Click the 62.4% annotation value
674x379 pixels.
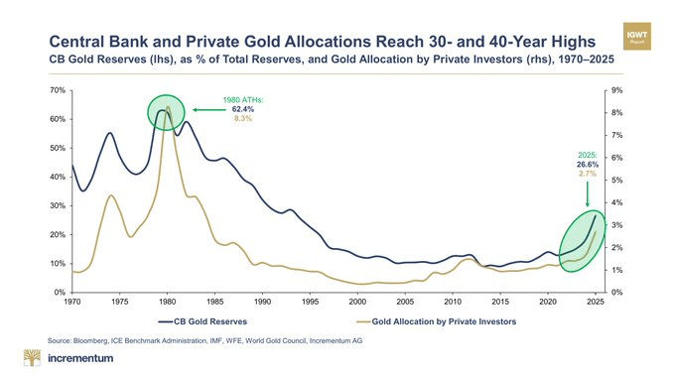pyautogui.click(x=243, y=109)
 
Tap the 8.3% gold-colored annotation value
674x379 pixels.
pyautogui.click(x=243, y=118)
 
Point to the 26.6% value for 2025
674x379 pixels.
pyautogui.click(x=588, y=165)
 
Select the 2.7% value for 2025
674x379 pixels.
pyautogui.click(x=588, y=174)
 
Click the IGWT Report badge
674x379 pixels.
pyautogui.click(x=636, y=36)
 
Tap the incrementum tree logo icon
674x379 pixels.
pyautogui.click(x=32, y=357)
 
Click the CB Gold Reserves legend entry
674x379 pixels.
pyautogui.click(x=202, y=321)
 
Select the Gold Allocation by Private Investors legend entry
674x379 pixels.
pyautogui.click(x=437, y=321)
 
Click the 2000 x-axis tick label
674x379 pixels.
pyautogui.click(x=357, y=302)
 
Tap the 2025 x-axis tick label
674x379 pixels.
pyautogui.click(x=596, y=302)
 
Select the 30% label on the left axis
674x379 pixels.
pyautogui.click(x=59, y=205)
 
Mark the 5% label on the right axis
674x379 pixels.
pyautogui.click(x=616, y=181)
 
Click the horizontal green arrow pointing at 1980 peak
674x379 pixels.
pyautogui.click(x=208, y=110)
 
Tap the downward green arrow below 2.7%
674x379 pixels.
pyautogui.click(x=588, y=194)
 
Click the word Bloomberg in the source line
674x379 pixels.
pyautogui.click(x=90, y=340)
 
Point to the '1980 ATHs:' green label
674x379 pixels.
pyautogui.click(x=243, y=100)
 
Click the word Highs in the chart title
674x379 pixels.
pyautogui.click(x=570, y=42)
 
